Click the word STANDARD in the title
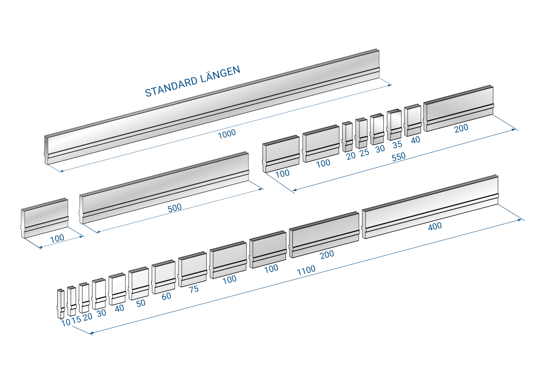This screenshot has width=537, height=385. pos(171,87)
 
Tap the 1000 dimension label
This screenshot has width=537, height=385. pos(227,134)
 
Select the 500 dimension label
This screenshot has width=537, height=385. pos(175,207)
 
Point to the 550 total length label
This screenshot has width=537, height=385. pos(399,157)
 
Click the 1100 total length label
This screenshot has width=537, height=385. pos(306,270)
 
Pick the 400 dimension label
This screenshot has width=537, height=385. pos(435,226)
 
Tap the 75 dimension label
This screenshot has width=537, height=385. pos(193,289)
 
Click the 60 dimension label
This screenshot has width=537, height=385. pos(167,296)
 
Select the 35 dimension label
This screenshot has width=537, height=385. pos(397,145)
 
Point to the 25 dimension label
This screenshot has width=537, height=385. pos(364,152)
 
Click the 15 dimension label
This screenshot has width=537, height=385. pos(77,319)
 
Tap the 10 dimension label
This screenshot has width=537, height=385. pos(66,323)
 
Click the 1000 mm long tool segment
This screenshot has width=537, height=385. pos(212,106)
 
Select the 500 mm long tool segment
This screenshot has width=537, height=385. pos(164,188)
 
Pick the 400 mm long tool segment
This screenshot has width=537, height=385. pos(430,206)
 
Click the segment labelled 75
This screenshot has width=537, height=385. pos(192,269)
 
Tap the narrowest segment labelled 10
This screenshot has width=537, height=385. pos(61,304)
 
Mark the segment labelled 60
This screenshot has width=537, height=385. pos(164,277)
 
